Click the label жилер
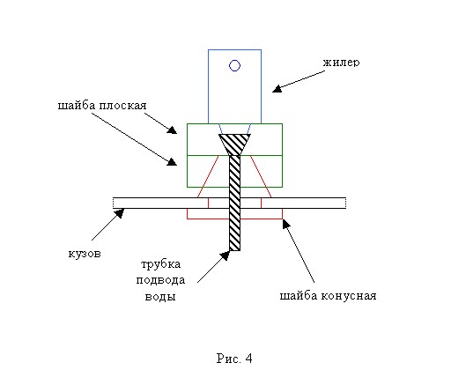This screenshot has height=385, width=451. click(341, 63)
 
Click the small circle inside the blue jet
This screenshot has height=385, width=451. click(234, 65)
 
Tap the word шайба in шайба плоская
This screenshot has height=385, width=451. click(77, 105)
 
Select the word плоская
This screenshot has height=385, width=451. click(122, 106)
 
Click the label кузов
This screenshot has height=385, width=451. click(85, 254)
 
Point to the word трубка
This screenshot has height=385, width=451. click(161, 264)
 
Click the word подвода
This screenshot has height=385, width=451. click(160, 280)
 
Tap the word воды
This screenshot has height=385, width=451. click(160, 297)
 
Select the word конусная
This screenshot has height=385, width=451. click(349, 296)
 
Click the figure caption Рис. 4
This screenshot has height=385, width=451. click(234, 359)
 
